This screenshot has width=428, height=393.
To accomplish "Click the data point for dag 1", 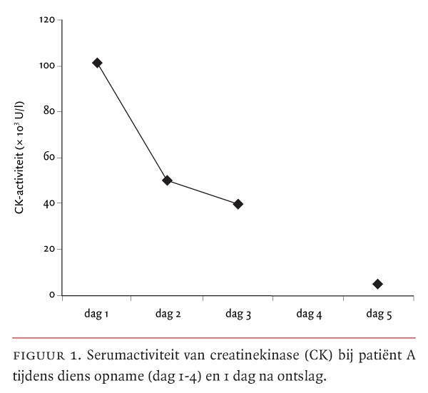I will coord(97,63).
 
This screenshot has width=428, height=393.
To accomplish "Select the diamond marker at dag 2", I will coord(167,180).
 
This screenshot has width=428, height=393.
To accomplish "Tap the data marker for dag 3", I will coord(238,204).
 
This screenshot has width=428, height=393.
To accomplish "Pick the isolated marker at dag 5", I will coord(377,284).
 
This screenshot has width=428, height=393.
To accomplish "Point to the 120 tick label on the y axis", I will coord(47,20).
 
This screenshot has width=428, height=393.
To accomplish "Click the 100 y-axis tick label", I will coord(47,66).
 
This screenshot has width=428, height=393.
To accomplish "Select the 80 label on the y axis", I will coord(49,111).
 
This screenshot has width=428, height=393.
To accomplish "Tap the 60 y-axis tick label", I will coord(49,158).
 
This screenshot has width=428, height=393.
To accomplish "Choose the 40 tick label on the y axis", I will coord(49,203).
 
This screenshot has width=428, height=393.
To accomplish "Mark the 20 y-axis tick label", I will coord(49,249).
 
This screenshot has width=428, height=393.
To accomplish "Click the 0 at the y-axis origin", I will coord(51,295).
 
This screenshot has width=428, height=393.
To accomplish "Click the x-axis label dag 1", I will coord(96,313).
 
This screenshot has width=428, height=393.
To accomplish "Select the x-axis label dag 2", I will coord(167,313).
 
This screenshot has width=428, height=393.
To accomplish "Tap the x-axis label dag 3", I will coord(238,313).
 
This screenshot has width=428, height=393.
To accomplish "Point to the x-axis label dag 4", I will coord(307,313).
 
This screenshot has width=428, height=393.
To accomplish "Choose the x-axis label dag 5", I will coord(377,313).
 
